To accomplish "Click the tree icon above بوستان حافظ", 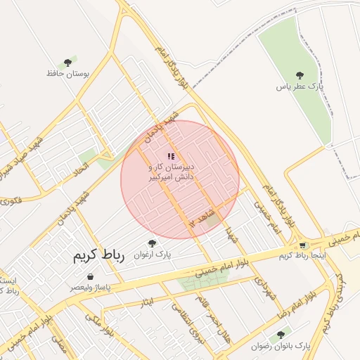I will (x=67, y=63).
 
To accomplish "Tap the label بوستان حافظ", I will (x=65, y=73).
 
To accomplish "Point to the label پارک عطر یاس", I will (x=300, y=86).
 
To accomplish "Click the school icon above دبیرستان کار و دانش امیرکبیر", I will (x=171, y=156).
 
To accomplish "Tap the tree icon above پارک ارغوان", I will (x=153, y=243).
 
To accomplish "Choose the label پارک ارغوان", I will (x=153, y=254).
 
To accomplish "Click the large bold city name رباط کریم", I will (x=98, y=256).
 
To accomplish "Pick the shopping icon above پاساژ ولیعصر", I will (x=91, y=277).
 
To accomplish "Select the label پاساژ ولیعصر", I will (x=89, y=288).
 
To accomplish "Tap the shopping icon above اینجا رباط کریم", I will (x=303, y=245).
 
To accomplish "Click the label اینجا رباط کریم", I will (x=302, y=256).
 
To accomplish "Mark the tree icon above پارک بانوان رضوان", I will (x=281, y=335).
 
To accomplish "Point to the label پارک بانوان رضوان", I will (x=281, y=347).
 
